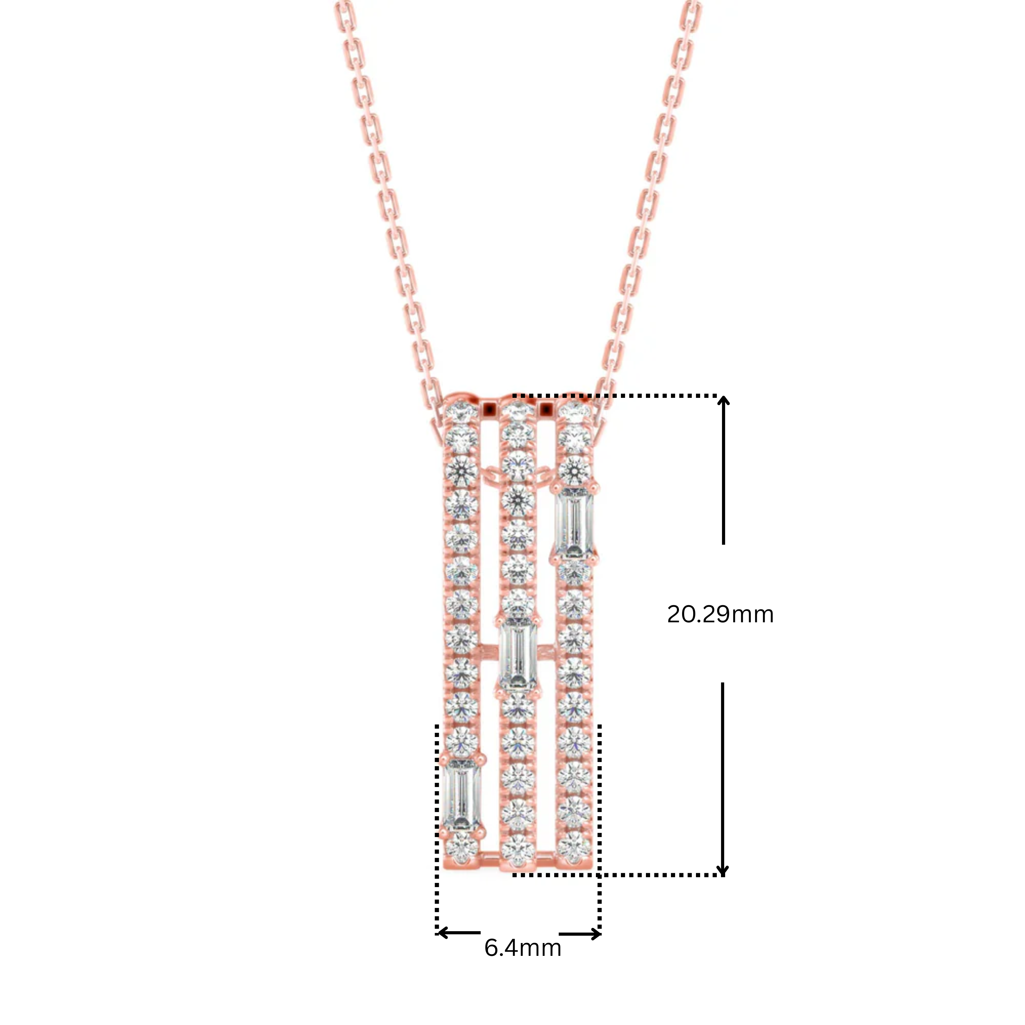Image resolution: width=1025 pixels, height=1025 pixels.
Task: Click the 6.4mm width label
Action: click(x=523, y=948)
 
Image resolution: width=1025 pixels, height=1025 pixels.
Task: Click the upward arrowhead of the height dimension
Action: click(x=723, y=402)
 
